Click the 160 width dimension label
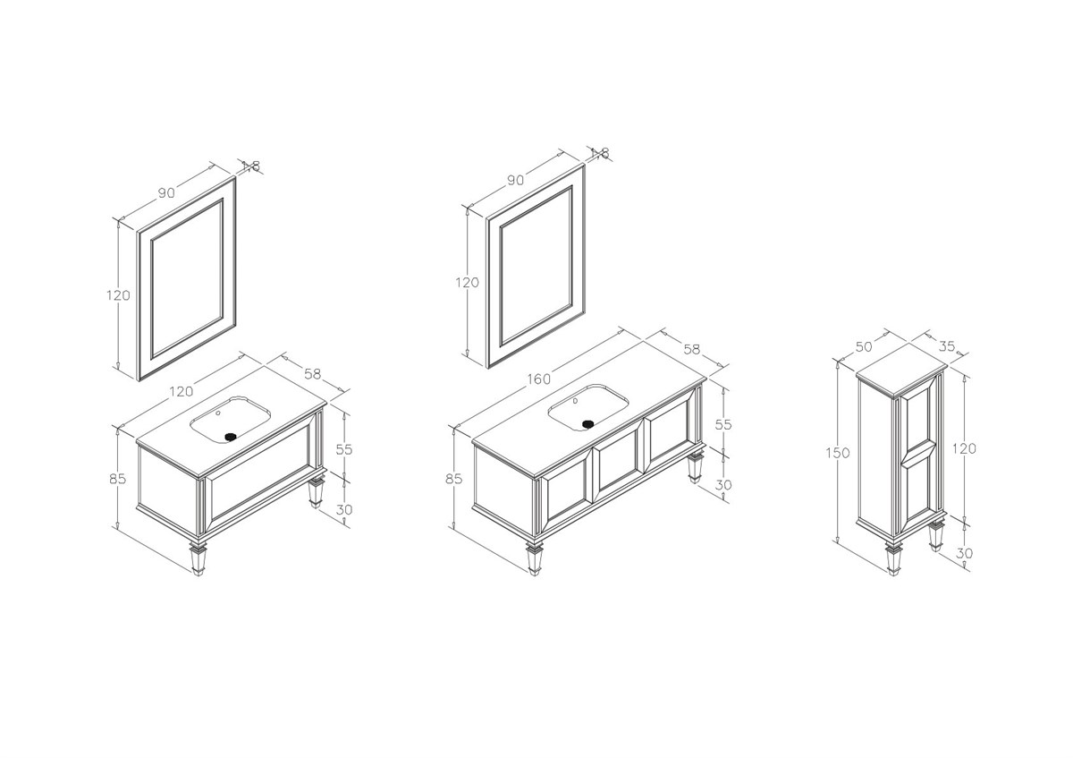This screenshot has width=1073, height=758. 539,379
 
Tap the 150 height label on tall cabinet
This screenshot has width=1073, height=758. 837,453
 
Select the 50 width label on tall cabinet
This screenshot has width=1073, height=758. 864,346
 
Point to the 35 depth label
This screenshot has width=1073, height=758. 947,346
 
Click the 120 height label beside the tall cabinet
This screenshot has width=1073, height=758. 964,448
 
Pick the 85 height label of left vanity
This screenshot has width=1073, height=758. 117,479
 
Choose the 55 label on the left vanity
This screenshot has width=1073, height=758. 344,450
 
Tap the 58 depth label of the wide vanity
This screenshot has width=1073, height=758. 692,350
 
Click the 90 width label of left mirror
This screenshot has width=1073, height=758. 166,192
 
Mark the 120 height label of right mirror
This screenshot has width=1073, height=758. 467,283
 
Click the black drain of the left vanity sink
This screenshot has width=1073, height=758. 231,437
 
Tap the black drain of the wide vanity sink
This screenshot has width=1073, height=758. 588,424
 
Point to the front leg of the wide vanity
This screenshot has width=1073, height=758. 534,558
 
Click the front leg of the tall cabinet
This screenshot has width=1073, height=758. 892,558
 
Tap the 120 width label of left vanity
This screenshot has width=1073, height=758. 181,392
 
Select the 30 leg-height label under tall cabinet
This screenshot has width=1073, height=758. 964,553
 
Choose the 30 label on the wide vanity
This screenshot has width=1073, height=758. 723,485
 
